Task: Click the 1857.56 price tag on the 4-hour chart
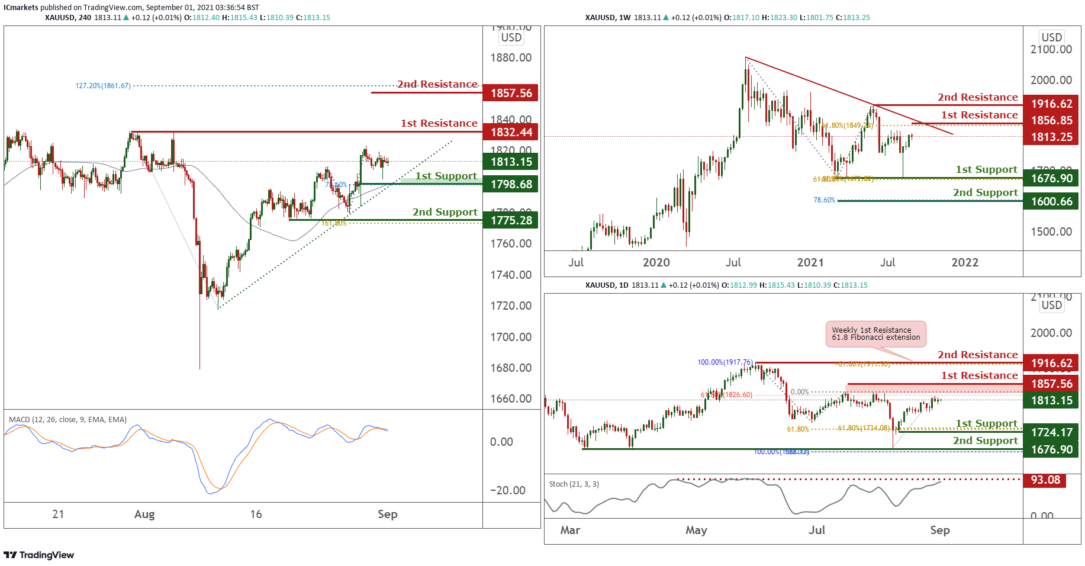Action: (510, 93)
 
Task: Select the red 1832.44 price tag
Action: (510, 132)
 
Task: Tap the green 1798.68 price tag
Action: (510, 184)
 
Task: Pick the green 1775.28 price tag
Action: (510, 220)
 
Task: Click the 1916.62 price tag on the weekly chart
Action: (1051, 104)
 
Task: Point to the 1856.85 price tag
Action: (1051, 120)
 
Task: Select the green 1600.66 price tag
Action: (1051, 201)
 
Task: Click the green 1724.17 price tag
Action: (1051, 432)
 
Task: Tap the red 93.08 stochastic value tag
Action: (1045, 480)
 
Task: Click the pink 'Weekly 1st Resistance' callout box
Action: (875, 334)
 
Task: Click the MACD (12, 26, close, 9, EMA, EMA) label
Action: (67, 420)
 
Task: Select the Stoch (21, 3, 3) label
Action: (574, 484)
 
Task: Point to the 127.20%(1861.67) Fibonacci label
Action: (103, 86)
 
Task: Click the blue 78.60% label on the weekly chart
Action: (824, 200)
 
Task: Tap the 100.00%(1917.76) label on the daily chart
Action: (725, 362)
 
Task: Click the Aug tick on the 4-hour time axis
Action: (144, 514)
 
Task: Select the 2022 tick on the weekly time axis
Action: (965, 262)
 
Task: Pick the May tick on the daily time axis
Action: (696, 530)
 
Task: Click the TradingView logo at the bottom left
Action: (39, 555)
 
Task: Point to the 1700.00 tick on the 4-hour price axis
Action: (510, 337)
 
